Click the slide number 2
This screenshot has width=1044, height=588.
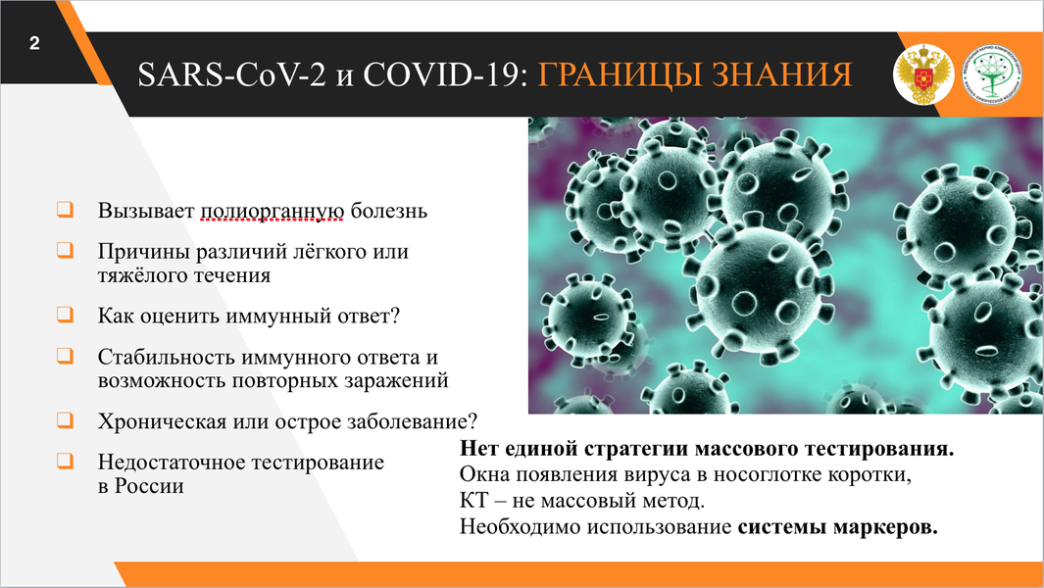(34, 44)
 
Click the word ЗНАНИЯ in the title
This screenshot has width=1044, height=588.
(782, 74)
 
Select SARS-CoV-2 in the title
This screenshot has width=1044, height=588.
(231, 74)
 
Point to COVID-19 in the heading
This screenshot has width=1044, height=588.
(441, 74)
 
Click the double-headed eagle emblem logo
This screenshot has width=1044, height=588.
(923, 74)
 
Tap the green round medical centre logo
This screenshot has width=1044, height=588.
(993, 74)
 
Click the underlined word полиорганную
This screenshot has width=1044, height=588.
(273, 211)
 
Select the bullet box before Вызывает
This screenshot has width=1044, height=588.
(65, 209)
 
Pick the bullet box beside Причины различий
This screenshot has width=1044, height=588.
(65, 250)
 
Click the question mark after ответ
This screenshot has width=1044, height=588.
(395, 315)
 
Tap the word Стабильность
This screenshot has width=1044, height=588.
(167, 357)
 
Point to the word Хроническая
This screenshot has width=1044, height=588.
(162, 421)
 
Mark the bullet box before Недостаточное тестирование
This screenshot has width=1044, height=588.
(65, 461)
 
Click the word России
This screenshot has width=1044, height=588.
(149, 486)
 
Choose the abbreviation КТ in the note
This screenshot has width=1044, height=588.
(473, 500)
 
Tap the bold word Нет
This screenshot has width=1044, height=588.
(477, 448)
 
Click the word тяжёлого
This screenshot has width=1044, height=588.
(140, 275)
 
